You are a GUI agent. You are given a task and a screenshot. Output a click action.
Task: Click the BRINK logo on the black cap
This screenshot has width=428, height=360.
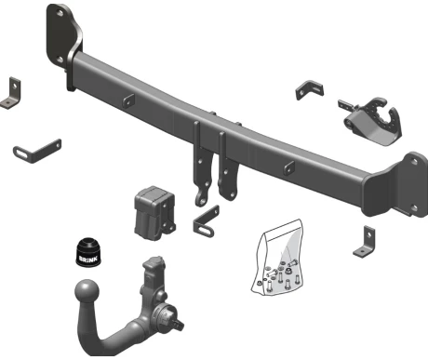pyautogui.click(x=88, y=259)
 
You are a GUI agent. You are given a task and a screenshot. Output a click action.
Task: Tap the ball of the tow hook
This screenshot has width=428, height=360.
pyautogui.click(x=87, y=291)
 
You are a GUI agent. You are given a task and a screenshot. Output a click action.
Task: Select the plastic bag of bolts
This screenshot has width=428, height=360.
pyautogui.click(x=276, y=258)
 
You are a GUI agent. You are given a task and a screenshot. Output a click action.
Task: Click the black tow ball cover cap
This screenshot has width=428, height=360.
pyautogui.click(x=88, y=252)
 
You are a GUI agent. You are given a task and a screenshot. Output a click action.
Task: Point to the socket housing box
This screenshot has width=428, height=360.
pyautogui.click(x=154, y=213)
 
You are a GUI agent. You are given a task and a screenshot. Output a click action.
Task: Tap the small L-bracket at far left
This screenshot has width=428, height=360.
pyautogui.click(x=11, y=93)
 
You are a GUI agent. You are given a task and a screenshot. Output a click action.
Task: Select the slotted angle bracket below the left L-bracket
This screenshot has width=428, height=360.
pyautogui.click(x=36, y=152)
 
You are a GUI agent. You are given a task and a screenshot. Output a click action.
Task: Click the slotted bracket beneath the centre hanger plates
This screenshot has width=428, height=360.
pyautogui.click(x=206, y=221)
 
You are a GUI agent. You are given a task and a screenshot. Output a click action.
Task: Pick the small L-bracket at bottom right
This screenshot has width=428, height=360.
pyautogui.click(x=366, y=242)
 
